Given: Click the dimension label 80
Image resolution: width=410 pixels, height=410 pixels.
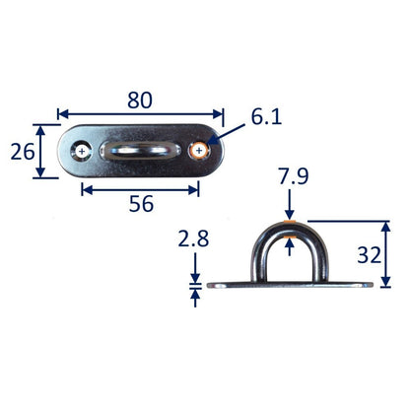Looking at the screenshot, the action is tap(140, 101).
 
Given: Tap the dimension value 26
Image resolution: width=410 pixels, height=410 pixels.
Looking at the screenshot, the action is tap(23, 152).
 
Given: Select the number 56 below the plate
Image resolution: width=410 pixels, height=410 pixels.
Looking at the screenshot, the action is tap(141, 204).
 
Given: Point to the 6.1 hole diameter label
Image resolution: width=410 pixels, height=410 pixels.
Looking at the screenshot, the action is tap(266, 117).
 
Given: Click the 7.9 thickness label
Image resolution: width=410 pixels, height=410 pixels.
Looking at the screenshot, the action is tap(294, 176).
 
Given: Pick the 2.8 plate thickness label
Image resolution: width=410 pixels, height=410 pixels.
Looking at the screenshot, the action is tap(193, 239).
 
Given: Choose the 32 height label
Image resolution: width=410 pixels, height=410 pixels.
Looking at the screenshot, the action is tap(370, 255).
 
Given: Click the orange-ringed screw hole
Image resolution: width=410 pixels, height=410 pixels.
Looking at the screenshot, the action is tap(199, 151).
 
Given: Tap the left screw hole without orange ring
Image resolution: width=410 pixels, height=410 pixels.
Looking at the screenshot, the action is tap(82, 152).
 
